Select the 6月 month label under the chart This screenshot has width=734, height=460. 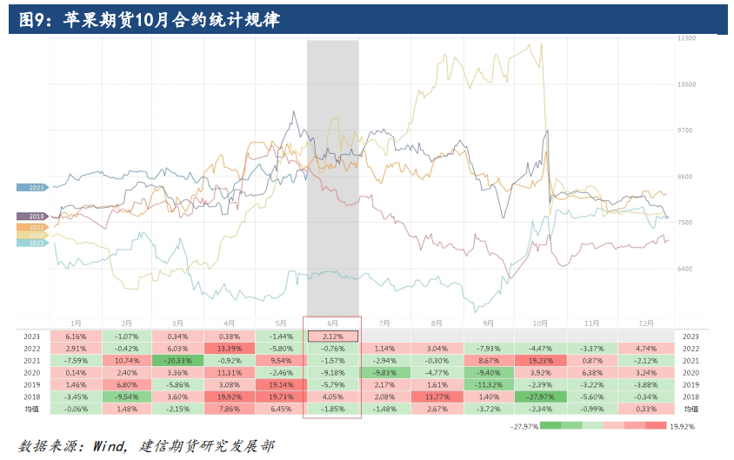[x=332, y=322]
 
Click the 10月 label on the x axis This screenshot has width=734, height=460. [x=540, y=322]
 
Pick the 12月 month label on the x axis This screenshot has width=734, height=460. [x=644, y=322]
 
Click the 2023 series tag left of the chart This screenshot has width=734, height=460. [x=32, y=187]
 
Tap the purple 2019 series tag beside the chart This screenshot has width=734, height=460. [x=32, y=216]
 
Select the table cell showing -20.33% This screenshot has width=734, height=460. [x=177, y=360]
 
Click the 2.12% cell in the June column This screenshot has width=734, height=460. [x=333, y=336]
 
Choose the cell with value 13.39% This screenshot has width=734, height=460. [x=230, y=348]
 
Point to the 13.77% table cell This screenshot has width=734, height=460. [x=437, y=396]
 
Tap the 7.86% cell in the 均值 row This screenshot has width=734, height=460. [x=230, y=408]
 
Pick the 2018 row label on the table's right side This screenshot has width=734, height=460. [x=691, y=396]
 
